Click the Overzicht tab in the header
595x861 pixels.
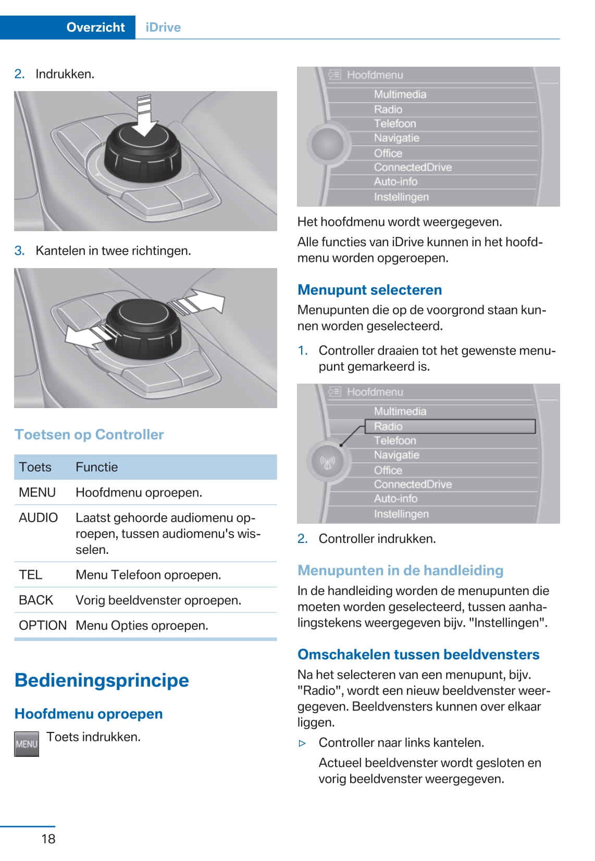(95, 27)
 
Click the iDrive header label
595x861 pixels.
(163, 27)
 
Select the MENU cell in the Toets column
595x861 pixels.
(37, 492)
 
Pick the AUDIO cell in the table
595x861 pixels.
(38, 517)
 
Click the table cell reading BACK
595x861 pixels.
(36, 600)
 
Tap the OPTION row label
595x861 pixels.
(43, 625)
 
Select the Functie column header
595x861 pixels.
(97, 467)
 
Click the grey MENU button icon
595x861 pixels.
(27, 744)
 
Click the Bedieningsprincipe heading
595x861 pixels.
(102, 680)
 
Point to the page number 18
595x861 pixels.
(48, 839)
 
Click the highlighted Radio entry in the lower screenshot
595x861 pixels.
(388, 426)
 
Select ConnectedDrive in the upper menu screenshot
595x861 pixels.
(413, 167)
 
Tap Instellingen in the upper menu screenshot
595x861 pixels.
(401, 197)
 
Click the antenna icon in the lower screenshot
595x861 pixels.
(327, 462)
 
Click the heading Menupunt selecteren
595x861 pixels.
(369, 290)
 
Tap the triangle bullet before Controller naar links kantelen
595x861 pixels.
(302, 743)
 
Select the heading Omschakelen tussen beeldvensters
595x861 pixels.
(418, 654)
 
